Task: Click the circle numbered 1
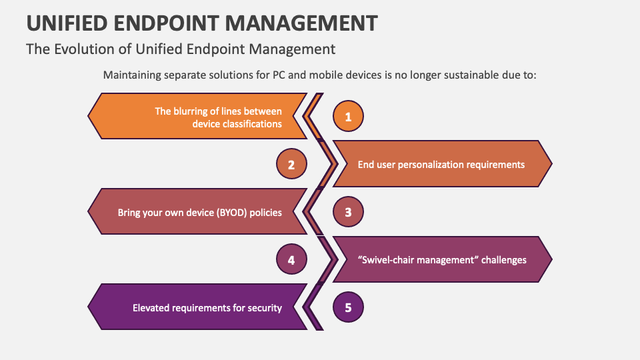[x=348, y=117]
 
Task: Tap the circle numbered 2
[x=291, y=165]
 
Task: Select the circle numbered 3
[x=348, y=213]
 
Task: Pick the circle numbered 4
[x=291, y=260]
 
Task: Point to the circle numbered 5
[x=348, y=308]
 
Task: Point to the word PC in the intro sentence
[x=281, y=75]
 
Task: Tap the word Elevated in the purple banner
[x=151, y=308]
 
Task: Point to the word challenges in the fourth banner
[x=505, y=260]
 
